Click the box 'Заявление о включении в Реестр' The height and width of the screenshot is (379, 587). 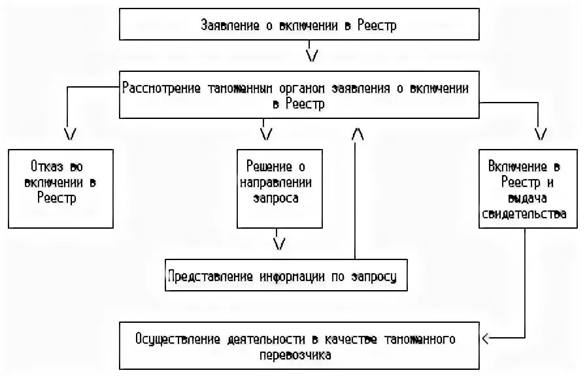299,25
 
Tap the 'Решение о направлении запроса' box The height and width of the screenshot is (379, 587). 280,188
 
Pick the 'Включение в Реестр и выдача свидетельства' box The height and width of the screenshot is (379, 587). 528,188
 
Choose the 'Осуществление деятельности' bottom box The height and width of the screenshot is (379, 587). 299,347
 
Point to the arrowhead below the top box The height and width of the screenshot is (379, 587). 312,55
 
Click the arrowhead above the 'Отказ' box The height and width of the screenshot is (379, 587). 71,133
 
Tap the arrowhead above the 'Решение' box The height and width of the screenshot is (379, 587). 265,133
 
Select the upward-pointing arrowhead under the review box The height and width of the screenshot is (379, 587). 357,133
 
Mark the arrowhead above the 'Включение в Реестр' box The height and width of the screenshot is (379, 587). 541,133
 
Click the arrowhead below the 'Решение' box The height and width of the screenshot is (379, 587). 279,243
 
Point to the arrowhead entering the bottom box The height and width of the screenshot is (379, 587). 484,338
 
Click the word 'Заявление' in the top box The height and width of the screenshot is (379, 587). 227,25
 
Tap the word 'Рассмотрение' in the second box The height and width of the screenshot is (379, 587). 161,89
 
